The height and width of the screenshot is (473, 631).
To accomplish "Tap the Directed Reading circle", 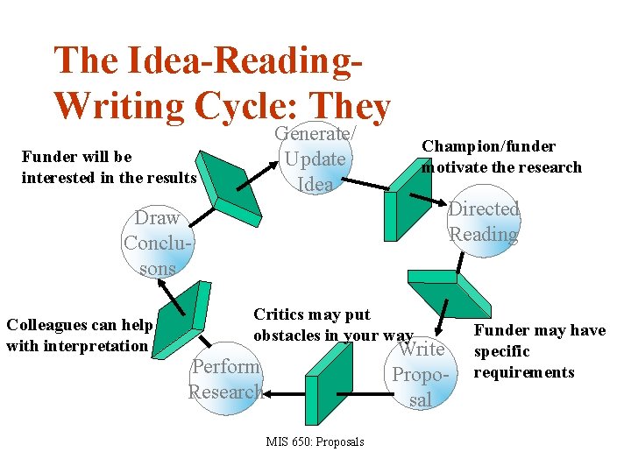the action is [x=483, y=222].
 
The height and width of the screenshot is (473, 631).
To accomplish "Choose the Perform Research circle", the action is [x=225, y=379].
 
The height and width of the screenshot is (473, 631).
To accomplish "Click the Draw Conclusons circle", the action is [x=158, y=243].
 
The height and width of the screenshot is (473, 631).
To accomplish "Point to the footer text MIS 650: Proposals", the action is [x=315, y=441].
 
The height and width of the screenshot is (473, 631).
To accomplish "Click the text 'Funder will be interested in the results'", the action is [x=109, y=167].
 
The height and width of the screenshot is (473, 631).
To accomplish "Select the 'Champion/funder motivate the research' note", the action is [x=501, y=157].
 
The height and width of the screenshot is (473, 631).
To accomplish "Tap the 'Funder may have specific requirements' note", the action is [x=539, y=351].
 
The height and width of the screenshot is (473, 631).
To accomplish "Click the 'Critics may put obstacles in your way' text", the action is [x=331, y=325].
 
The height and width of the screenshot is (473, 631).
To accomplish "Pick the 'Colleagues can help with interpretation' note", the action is [x=79, y=335].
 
